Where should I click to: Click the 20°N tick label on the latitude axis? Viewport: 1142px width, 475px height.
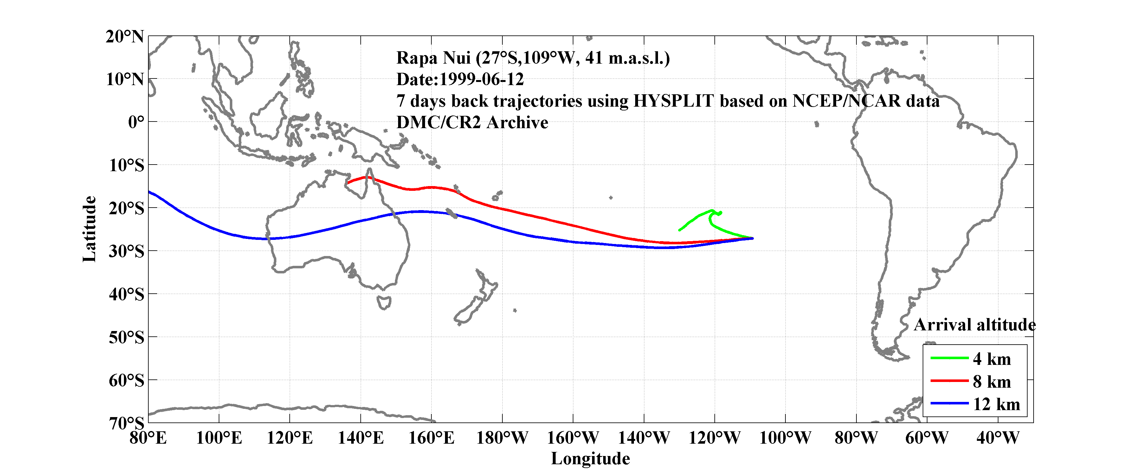[x=125, y=37]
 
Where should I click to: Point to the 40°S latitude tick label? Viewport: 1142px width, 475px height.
[x=126, y=294]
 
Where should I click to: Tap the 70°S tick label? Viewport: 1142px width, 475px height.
[x=126, y=423]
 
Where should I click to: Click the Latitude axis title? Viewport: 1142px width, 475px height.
[x=89, y=229]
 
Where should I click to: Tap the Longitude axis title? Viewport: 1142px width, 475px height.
[x=590, y=459]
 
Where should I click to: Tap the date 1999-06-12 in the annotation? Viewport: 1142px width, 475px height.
[x=481, y=79]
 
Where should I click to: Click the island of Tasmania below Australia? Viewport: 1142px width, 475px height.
[x=384, y=303]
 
